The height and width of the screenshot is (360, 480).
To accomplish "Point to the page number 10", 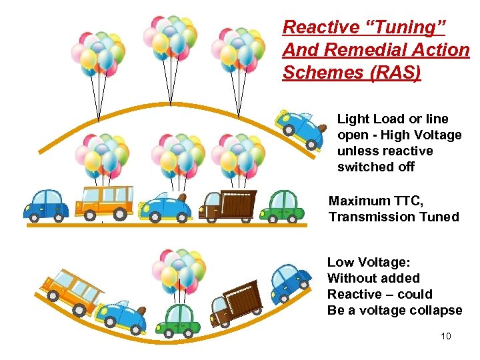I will [445, 336].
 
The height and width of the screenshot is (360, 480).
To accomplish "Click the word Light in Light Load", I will [351, 119].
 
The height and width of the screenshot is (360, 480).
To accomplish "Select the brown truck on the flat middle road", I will [228, 205].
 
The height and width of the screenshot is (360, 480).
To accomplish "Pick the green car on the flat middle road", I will [282, 206].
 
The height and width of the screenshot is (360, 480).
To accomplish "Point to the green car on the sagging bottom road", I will [178, 319].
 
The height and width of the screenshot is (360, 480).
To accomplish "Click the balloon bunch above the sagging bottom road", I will [175, 270].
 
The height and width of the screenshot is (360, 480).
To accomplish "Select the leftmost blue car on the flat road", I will [46, 203].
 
